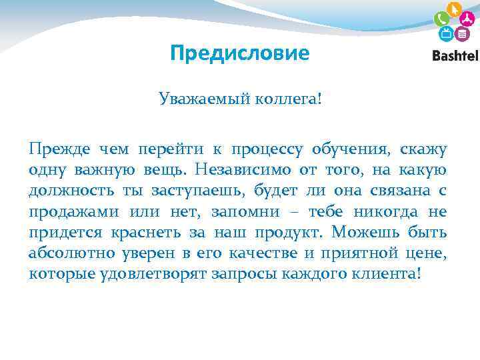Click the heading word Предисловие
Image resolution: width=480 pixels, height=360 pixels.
(240, 53)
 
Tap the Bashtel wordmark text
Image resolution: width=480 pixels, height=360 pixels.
(455, 55)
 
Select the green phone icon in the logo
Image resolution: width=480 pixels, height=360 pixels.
(441, 19)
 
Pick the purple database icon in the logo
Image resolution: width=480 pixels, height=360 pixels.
(461, 33)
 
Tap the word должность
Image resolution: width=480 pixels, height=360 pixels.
(70, 191)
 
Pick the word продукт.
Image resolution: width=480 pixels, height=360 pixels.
(291, 233)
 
